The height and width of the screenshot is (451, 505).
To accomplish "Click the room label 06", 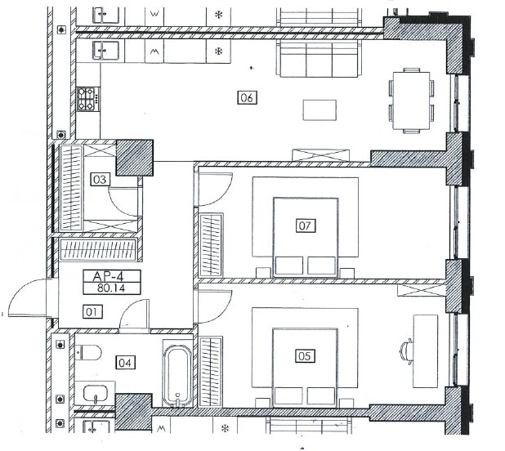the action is (247, 97).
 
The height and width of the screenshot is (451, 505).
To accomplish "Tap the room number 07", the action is (305, 225).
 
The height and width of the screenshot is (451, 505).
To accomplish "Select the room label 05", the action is (305, 356).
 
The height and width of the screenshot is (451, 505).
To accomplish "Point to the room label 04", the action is (125, 363).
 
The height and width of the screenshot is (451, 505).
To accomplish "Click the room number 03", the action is (100, 179).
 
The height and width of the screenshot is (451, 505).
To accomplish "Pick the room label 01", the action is (92, 311).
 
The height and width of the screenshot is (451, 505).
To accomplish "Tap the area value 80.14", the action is (111, 288).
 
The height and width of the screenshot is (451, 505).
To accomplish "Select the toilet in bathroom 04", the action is (88, 352).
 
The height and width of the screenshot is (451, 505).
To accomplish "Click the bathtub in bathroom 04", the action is (177, 376).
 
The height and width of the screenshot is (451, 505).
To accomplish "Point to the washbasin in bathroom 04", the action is (96, 394).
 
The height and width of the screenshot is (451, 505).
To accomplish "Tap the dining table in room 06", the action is (412, 100).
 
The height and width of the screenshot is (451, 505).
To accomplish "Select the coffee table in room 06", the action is (320, 110).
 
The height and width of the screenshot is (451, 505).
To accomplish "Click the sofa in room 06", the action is (319, 59).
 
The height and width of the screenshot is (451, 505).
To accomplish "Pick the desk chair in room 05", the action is (406, 351).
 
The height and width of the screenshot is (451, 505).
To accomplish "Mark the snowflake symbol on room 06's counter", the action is (218, 51).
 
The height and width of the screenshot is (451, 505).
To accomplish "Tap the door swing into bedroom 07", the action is (215, 190).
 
